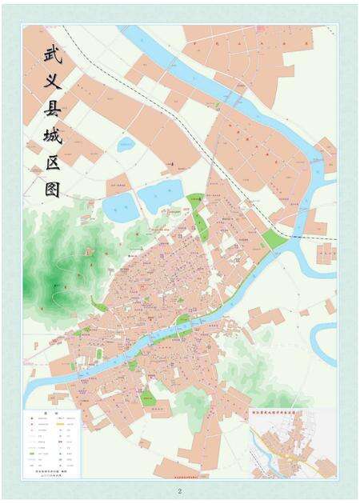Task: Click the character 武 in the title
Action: coord(55,57)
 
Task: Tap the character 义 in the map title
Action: coord(55,82)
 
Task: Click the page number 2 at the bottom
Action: coord(180,490)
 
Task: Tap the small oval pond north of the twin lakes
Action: coord(126,146)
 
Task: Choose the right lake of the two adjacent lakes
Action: coord(162,194)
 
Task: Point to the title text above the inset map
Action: coord(284,415)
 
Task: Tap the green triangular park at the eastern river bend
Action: coord(273,239)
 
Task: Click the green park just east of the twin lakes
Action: coord(194,202)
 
